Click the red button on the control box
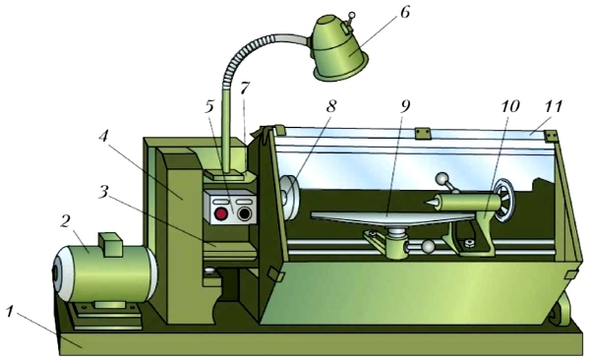[220, 213]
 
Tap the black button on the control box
[244, 213]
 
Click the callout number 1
[11, 312]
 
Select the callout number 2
[64, 222]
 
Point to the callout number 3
[102, 191]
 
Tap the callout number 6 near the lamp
[404, 13]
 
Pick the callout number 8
[330, 106]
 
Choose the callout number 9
[404, 106]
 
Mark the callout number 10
[509, 106]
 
